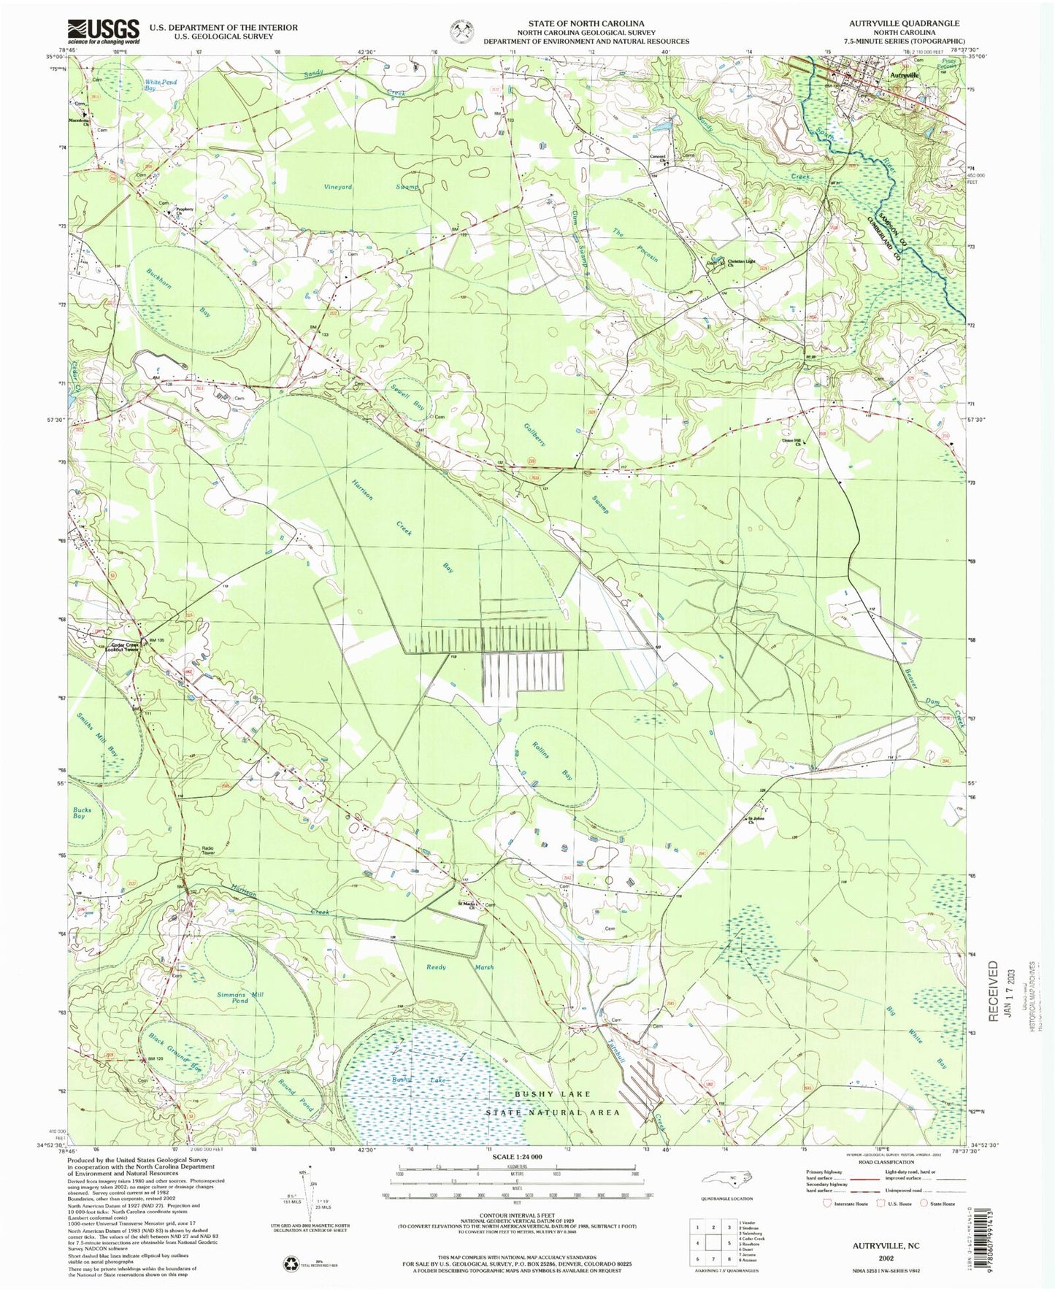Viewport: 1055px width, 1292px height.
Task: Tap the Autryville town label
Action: pos(905,74)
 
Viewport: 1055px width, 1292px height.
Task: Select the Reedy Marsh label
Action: pos(460,967)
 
